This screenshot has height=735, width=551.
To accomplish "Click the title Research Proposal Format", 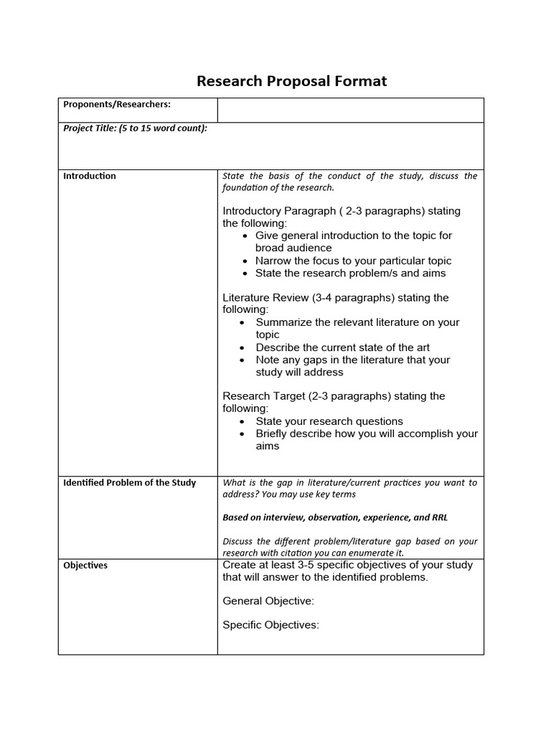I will click(291, 81).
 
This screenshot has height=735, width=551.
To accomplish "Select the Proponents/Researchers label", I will click(117, 105).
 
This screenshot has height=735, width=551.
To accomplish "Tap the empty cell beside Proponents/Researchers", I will click(350, 110).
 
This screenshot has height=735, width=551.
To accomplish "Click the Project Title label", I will click(135, 128).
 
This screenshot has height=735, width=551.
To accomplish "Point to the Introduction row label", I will click(90, 176).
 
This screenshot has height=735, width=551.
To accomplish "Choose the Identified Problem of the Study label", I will click(129, 482).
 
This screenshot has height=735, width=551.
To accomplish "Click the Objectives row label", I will click(85, 566).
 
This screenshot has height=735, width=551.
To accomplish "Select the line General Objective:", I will click(268, 601).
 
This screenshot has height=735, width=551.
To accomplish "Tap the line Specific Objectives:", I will click(270, 625).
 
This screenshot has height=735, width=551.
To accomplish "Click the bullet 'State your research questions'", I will click(329, 421).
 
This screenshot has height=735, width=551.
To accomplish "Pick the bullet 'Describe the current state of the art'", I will click(343, 347).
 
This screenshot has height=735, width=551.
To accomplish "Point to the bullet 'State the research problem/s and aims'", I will click(350, 273).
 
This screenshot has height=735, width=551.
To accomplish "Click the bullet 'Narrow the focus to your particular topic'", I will click(353, 261).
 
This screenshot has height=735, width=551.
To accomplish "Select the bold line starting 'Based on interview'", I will click(336, 518).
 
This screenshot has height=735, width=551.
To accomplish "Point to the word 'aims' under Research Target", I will click(268, 446).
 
